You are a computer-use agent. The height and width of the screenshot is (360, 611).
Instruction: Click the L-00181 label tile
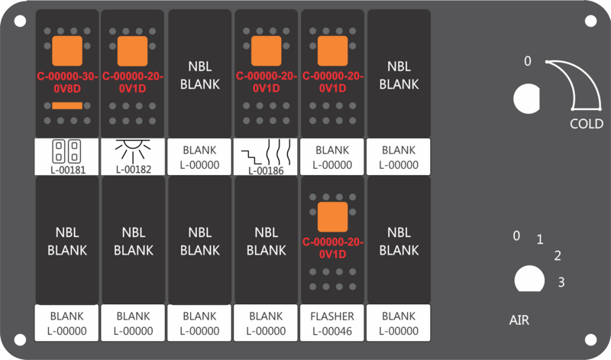pos(66,157)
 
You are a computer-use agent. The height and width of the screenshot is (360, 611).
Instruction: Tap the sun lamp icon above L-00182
pos(133,151)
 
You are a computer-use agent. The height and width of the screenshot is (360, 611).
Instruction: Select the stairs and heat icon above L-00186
pos(266,154)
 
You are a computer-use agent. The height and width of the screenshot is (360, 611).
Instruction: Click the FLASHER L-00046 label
pos(332,323)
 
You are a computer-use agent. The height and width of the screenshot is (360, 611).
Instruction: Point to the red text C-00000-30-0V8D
pos(67,83)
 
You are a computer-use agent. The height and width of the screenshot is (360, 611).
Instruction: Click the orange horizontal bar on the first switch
pos(67,105)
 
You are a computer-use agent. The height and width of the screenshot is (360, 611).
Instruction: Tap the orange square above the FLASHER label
pos(332,217)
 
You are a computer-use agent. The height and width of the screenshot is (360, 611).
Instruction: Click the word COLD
pos(587,124)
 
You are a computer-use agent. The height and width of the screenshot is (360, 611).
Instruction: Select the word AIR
pos(519,320)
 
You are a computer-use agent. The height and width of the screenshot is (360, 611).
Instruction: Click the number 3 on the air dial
pos(561,282)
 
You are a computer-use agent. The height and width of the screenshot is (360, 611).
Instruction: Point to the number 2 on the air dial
pos(558,255)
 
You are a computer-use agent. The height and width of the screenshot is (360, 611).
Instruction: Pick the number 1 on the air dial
pos(540,239)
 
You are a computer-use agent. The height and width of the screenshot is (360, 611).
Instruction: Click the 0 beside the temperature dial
pos(527,61)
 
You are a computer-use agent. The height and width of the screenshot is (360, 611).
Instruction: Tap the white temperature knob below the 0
pos(526,99)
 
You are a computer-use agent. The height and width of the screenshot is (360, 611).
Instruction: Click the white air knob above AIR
pos(529,279)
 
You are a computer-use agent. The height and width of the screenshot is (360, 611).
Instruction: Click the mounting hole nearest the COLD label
pos(590,21)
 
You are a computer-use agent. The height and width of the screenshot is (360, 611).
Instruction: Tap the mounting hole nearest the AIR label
pos(590,339)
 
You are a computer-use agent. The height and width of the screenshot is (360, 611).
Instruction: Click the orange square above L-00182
pos(132,51)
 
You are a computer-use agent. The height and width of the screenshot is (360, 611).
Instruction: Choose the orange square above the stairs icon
pos(266,51)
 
